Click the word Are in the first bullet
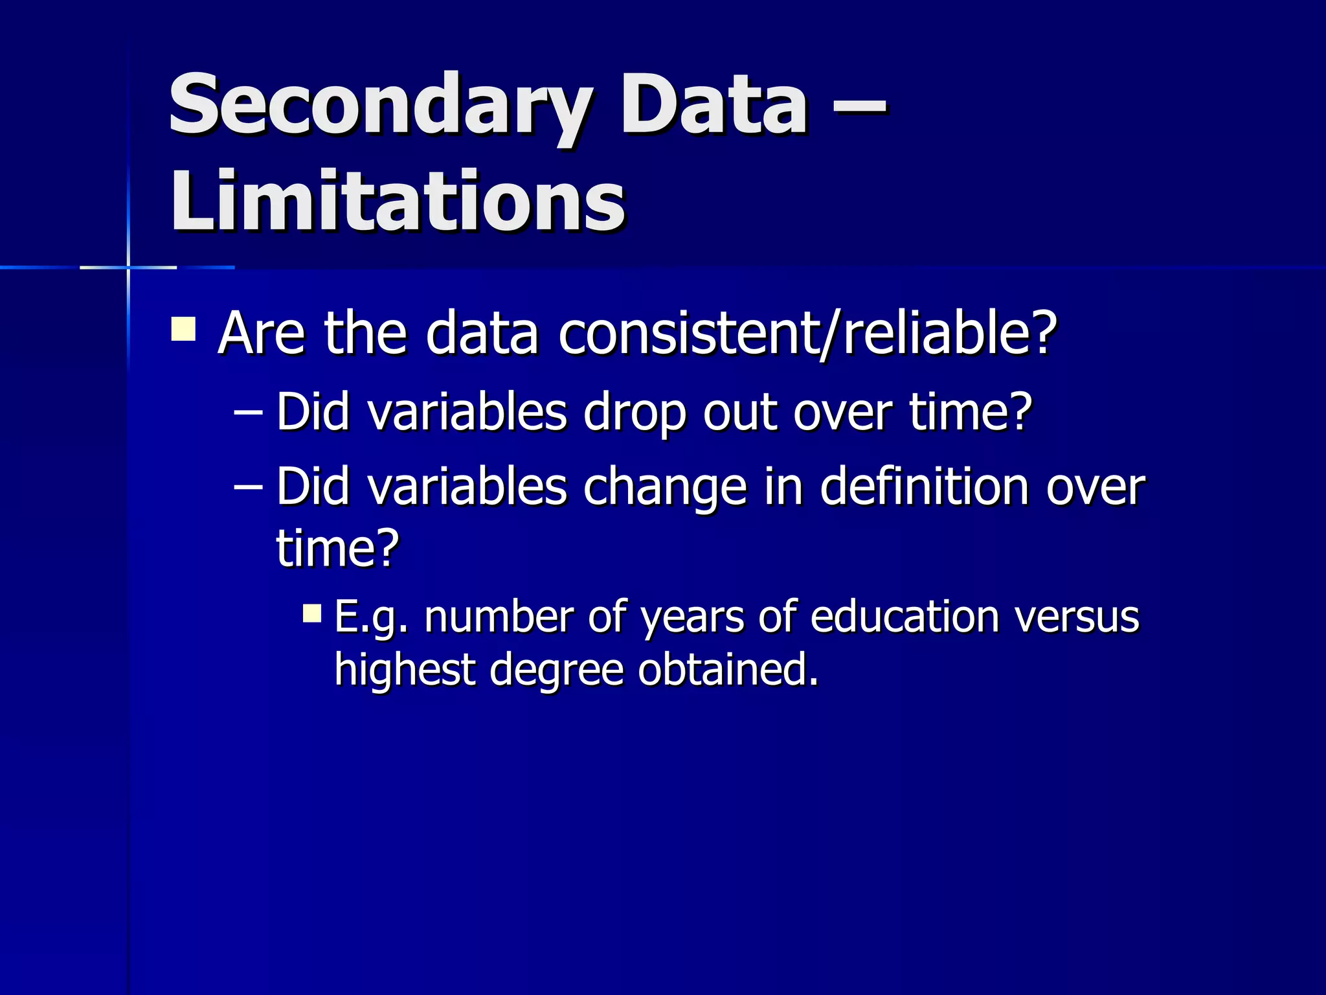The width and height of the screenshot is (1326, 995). coord(261,333)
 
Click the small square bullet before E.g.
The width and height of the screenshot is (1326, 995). coord(312,613)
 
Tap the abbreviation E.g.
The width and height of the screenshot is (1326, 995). coord(372,618)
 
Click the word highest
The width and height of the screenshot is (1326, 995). coord(405,670)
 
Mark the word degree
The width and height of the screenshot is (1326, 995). coord(557,671)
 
